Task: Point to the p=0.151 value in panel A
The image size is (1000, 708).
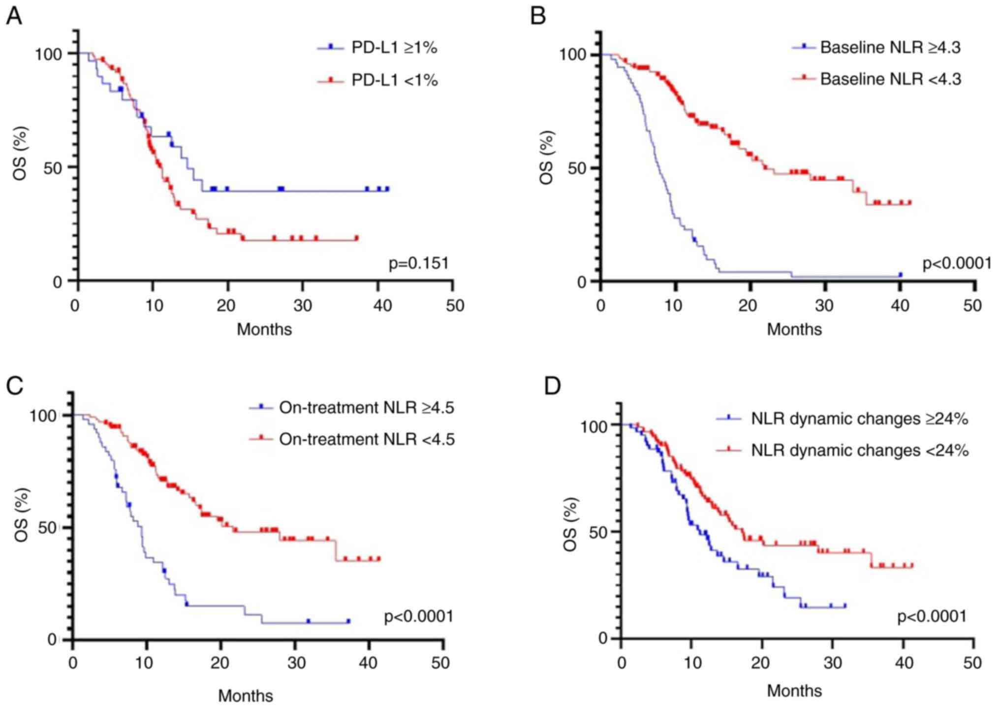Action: pyautogui.click(x=419, y=264)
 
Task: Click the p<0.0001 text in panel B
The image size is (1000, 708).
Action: pyautogui.click(x=957, y=264)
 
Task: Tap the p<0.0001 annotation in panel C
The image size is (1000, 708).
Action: pyautogui.click(x=418, y=616)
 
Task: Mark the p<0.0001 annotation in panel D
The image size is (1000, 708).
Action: pyautogui.click(x=932, y=616)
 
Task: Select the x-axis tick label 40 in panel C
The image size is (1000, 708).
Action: pyautogui.click(x=369, y=663)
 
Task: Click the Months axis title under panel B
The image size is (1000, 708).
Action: pyautogui.click(x=794, y=329)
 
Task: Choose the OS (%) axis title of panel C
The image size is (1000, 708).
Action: pyautogui.click(x=22, y=515)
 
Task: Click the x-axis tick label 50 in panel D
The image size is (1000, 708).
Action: pyautogui.click(x=971, y=663)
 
